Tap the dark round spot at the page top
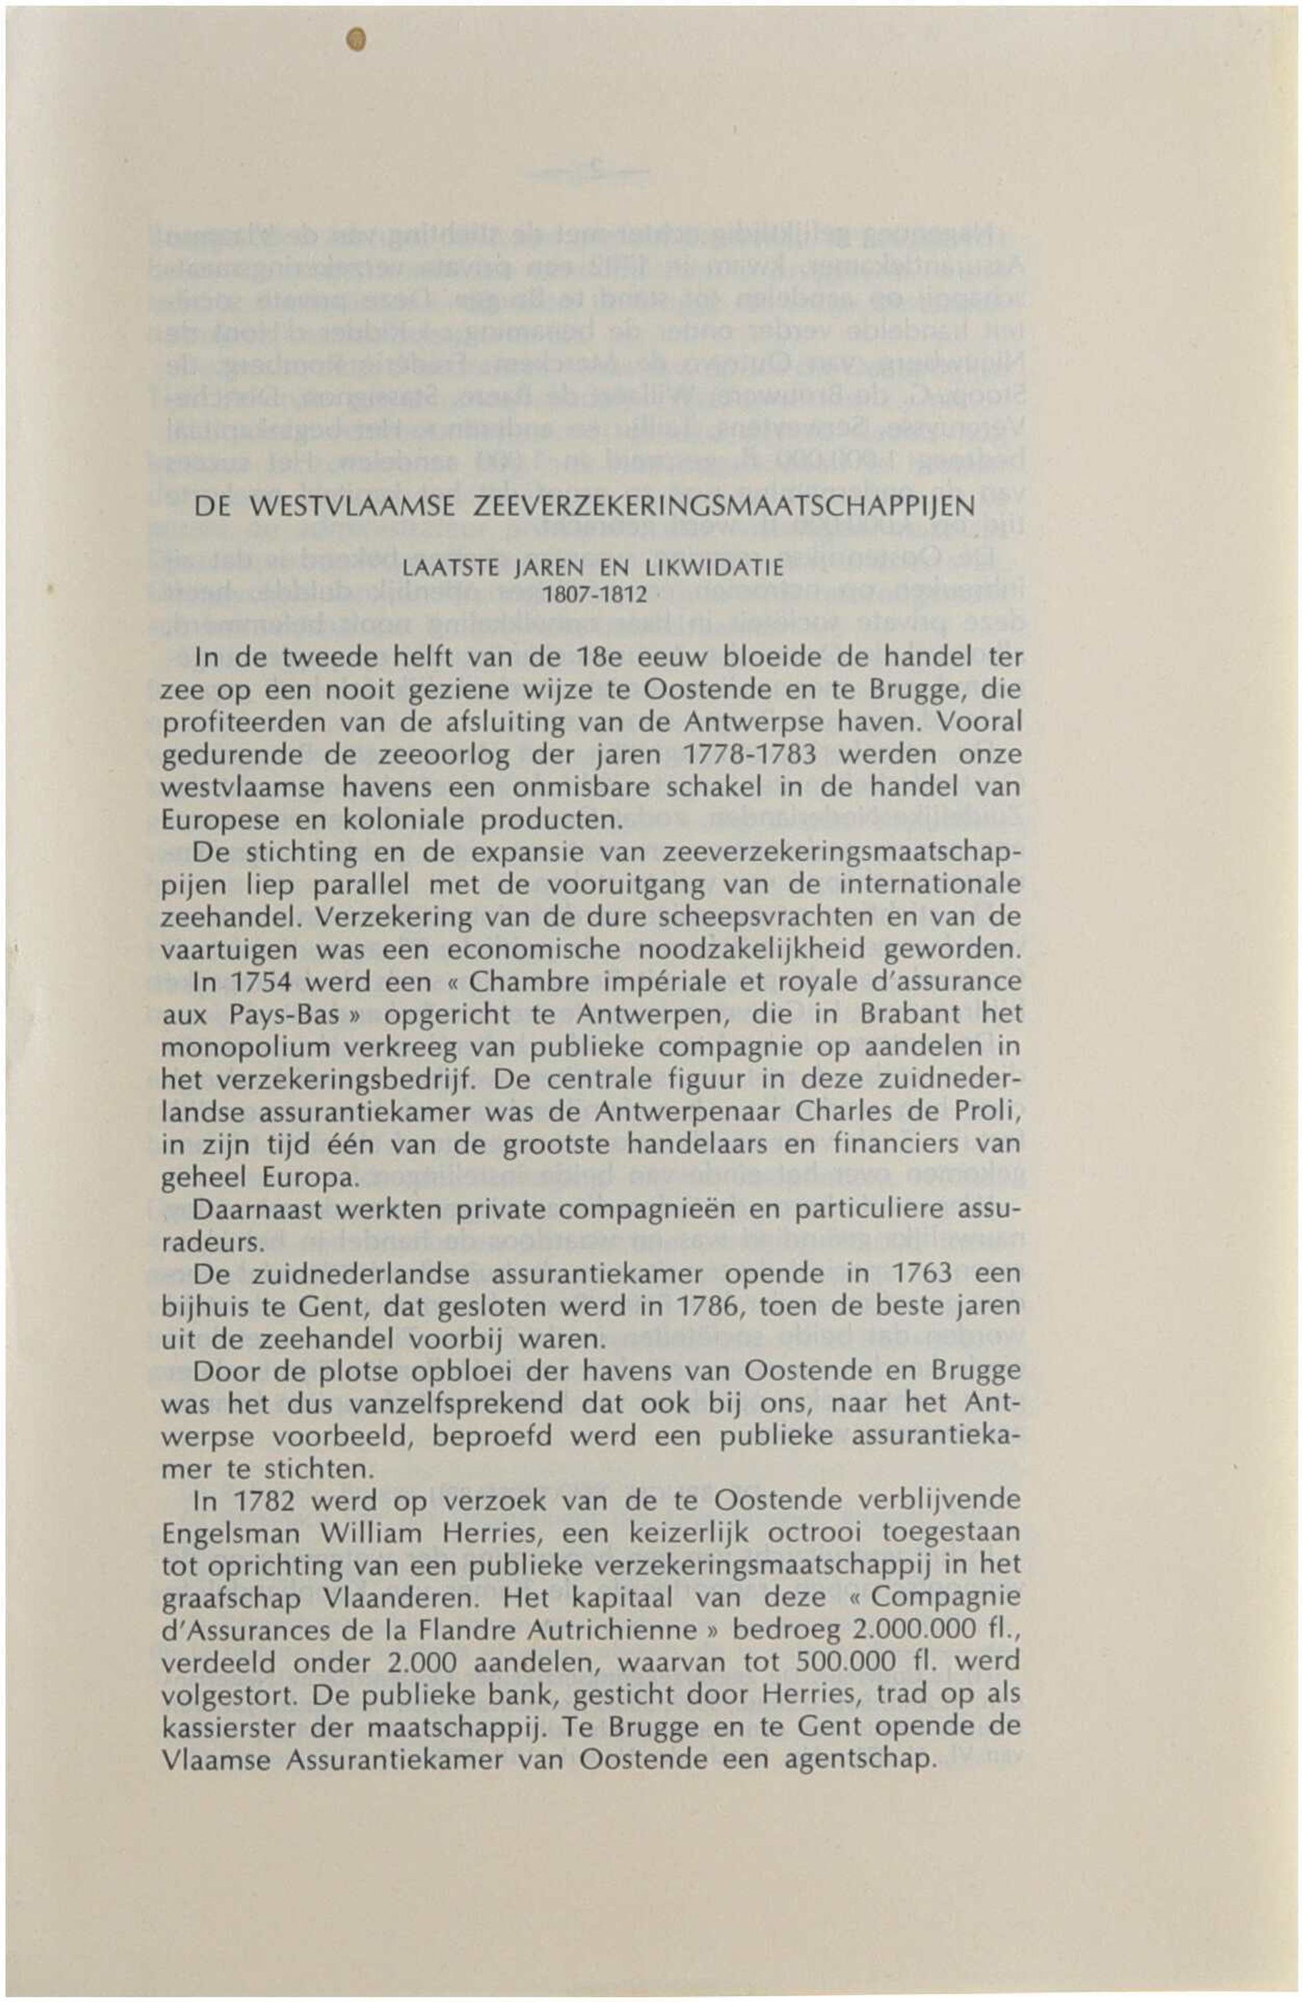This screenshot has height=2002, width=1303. click(358, 39)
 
